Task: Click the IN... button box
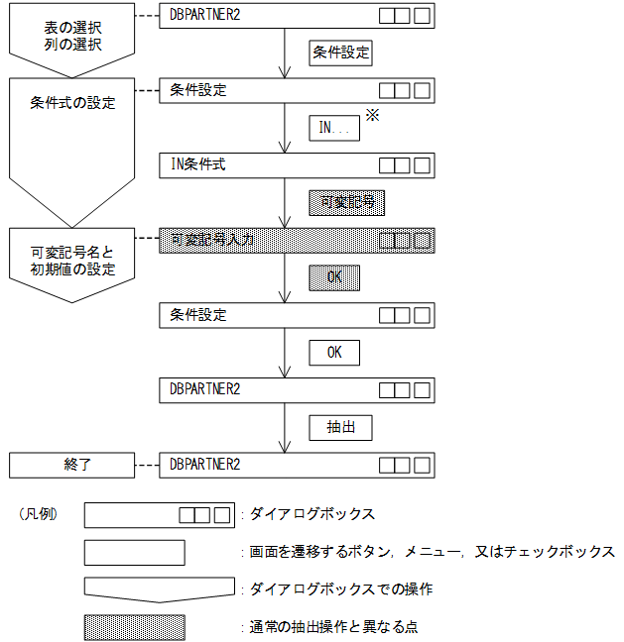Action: click(334, 128)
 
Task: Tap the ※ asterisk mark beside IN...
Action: click(373, 116)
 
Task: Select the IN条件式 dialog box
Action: click(296, 164)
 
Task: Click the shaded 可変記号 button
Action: click(346, 203)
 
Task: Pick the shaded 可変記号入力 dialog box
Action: click(296, 240)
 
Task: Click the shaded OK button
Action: click(334, 277)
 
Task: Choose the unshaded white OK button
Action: click(334, 353)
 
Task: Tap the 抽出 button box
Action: click(341, 428)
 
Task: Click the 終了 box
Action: click(70, 464)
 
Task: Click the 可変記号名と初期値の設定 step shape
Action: click(70, 261)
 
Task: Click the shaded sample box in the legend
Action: click(134, 627)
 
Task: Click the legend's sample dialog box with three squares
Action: click(159, 515)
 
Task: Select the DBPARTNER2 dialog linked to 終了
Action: click(296, 464)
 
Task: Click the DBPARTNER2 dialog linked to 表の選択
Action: click(296, 16)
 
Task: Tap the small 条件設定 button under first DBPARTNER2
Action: click(341, 53)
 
